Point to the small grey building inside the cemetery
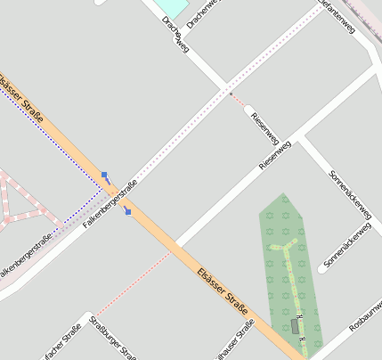coord(296,326)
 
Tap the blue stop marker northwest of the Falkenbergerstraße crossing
coord(105,176)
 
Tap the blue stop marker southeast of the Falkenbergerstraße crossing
coord(128,211)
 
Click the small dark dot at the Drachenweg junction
coord(230,94)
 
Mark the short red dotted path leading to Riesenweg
coord(239,101)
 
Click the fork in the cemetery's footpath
coord(287,251)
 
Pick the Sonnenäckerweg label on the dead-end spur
coord(345,247)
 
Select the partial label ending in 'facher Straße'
coord(62,343)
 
